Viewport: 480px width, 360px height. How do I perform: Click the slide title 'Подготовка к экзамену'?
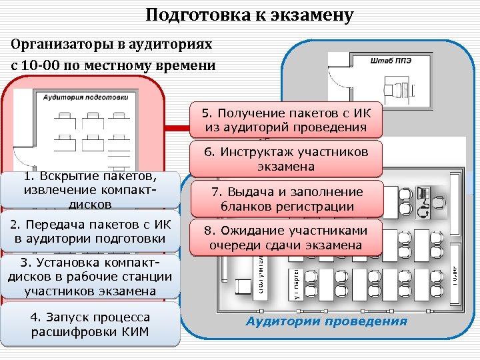click(x=249, y=15)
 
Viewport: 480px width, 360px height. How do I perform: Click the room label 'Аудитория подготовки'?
click(x=85, y=97)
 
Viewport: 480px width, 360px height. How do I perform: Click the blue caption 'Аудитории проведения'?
click(x=326, y=321)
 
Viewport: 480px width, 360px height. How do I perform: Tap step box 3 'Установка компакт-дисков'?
click(x=90, y=276)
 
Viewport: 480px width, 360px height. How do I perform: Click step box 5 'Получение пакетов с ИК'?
click(x=287, y=120)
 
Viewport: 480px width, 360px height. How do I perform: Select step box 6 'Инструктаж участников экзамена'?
click(x=287, y=159)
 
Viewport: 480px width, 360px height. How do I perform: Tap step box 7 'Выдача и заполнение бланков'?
click(x=287, y=199)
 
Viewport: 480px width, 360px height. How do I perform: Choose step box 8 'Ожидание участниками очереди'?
click(x=287, y=238)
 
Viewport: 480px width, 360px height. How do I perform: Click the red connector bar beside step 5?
click(x=177, y=127)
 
